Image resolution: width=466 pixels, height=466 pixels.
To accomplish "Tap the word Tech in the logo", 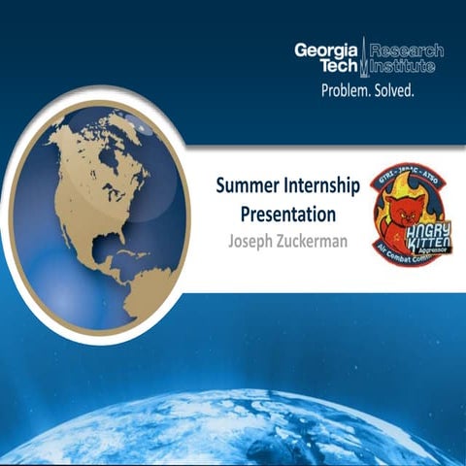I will click(x=334, y=68).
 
